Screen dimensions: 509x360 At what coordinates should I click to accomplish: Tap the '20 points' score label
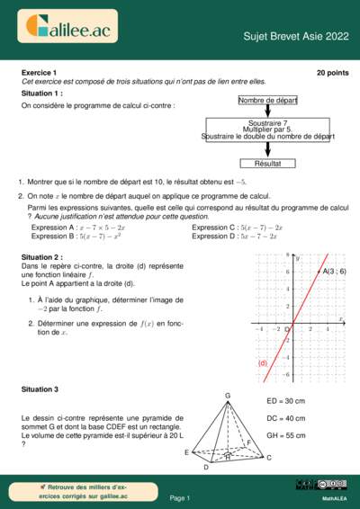(x=332, y=71)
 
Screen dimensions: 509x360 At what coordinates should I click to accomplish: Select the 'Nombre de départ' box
(x=267, y=101)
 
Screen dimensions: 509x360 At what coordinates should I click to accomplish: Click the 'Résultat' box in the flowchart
(x=267, y=164)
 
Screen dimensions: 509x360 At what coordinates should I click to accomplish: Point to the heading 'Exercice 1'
(x=39, y=71)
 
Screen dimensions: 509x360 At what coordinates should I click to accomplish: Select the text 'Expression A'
(x=52, y=228)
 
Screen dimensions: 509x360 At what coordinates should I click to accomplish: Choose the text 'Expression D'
(x=214, y=236)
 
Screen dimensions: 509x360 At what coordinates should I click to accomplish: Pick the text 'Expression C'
(x=214, y=228)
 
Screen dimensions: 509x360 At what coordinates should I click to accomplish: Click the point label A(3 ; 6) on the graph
(x=334, y=271)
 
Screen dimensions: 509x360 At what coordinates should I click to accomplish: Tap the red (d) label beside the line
(x=264, y=362)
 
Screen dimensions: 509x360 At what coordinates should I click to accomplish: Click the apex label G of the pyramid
(x=228, y=396)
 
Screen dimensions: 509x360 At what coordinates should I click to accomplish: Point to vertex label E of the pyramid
(x=186, y=452)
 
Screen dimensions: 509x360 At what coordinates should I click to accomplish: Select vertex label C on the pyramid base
(x=268, y=458)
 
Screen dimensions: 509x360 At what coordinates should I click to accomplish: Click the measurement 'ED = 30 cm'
(x=286, y=401)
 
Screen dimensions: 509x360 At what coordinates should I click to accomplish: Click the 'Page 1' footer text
(x=180, y=497)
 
